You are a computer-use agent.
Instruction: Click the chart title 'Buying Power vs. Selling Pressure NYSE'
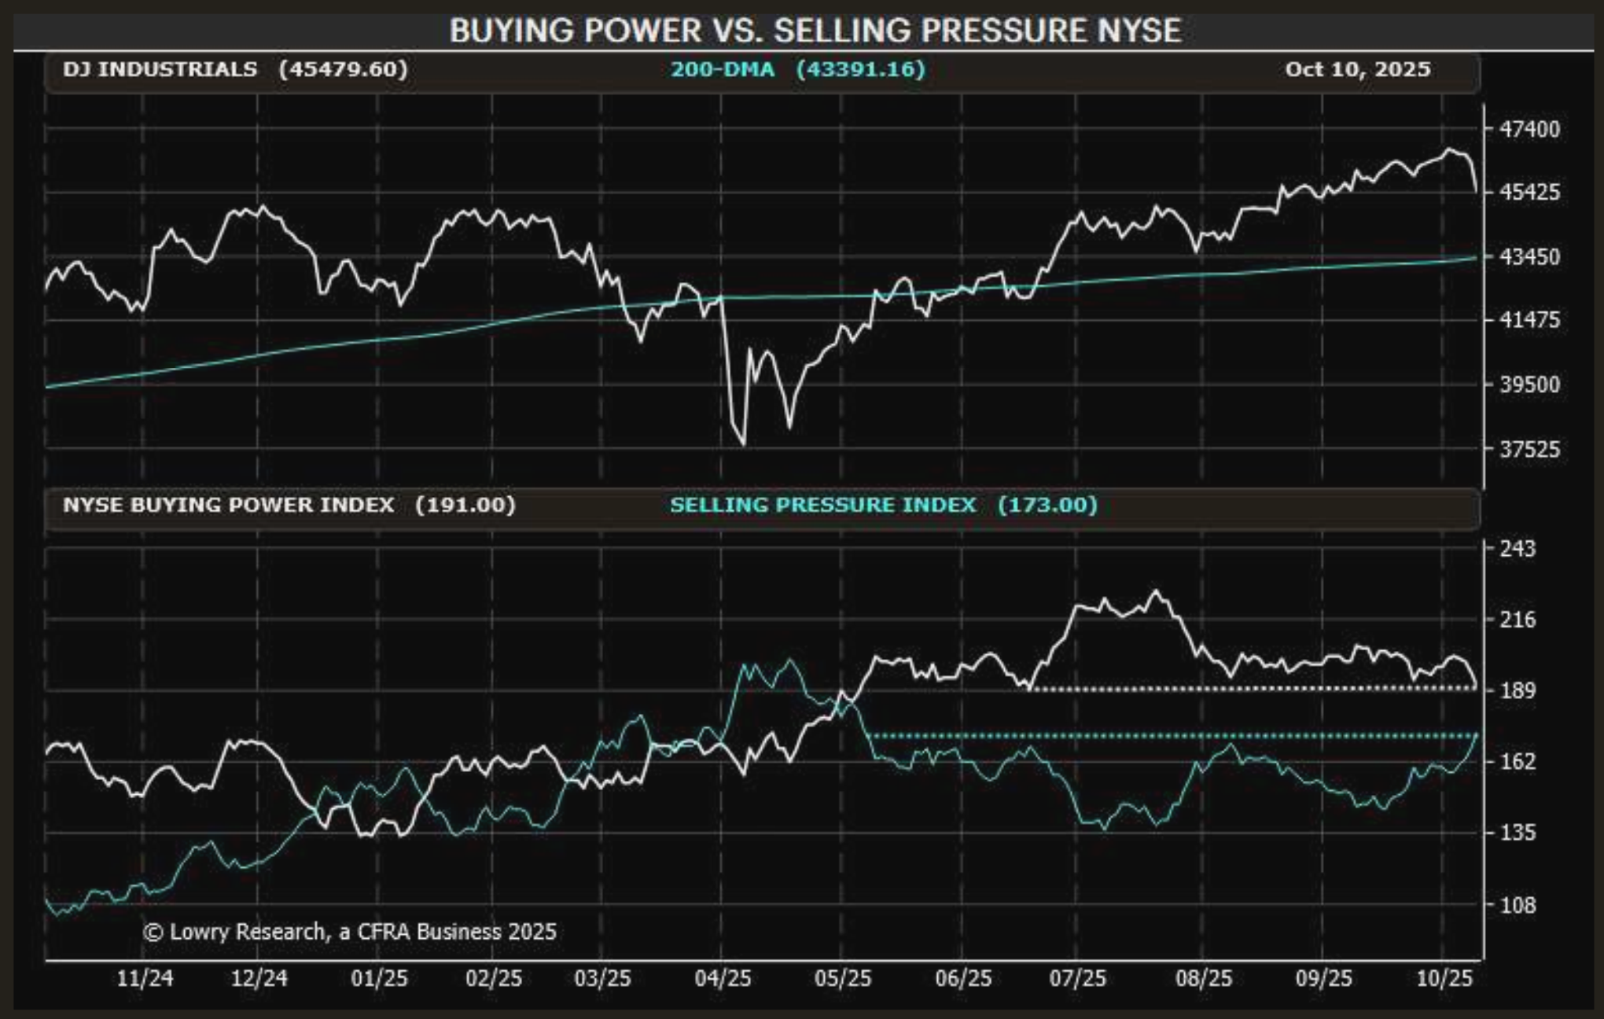[815, 31]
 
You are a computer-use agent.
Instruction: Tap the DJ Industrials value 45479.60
[344, 69]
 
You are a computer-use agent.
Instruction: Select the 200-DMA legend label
[722, 69]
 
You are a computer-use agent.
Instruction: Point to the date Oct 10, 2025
[1357, 69]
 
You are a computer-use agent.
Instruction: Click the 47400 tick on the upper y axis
[1529, 128]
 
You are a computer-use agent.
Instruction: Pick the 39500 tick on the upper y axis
[1529, 384]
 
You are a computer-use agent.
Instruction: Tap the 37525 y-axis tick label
[1529, 449]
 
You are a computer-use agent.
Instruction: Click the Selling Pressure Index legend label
[822, 505]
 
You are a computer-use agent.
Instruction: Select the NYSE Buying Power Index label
[228, 505]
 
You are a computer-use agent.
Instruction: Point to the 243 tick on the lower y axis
[1517, 548]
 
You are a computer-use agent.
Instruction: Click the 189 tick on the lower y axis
[1517, 690]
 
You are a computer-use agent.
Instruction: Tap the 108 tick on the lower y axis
[1517, 905]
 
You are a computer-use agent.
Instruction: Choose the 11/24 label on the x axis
[145, 978]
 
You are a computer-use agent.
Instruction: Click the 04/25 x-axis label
[723, 978]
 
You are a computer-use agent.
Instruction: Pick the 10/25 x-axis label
[1444, 978]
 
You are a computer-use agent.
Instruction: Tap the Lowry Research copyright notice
[350, 932]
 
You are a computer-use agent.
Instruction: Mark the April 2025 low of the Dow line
[743, 445]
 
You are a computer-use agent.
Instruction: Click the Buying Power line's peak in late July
[1155, 591]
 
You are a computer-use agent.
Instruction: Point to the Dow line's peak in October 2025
[1449, 149]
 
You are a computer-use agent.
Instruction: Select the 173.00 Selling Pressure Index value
[1047, 505]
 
